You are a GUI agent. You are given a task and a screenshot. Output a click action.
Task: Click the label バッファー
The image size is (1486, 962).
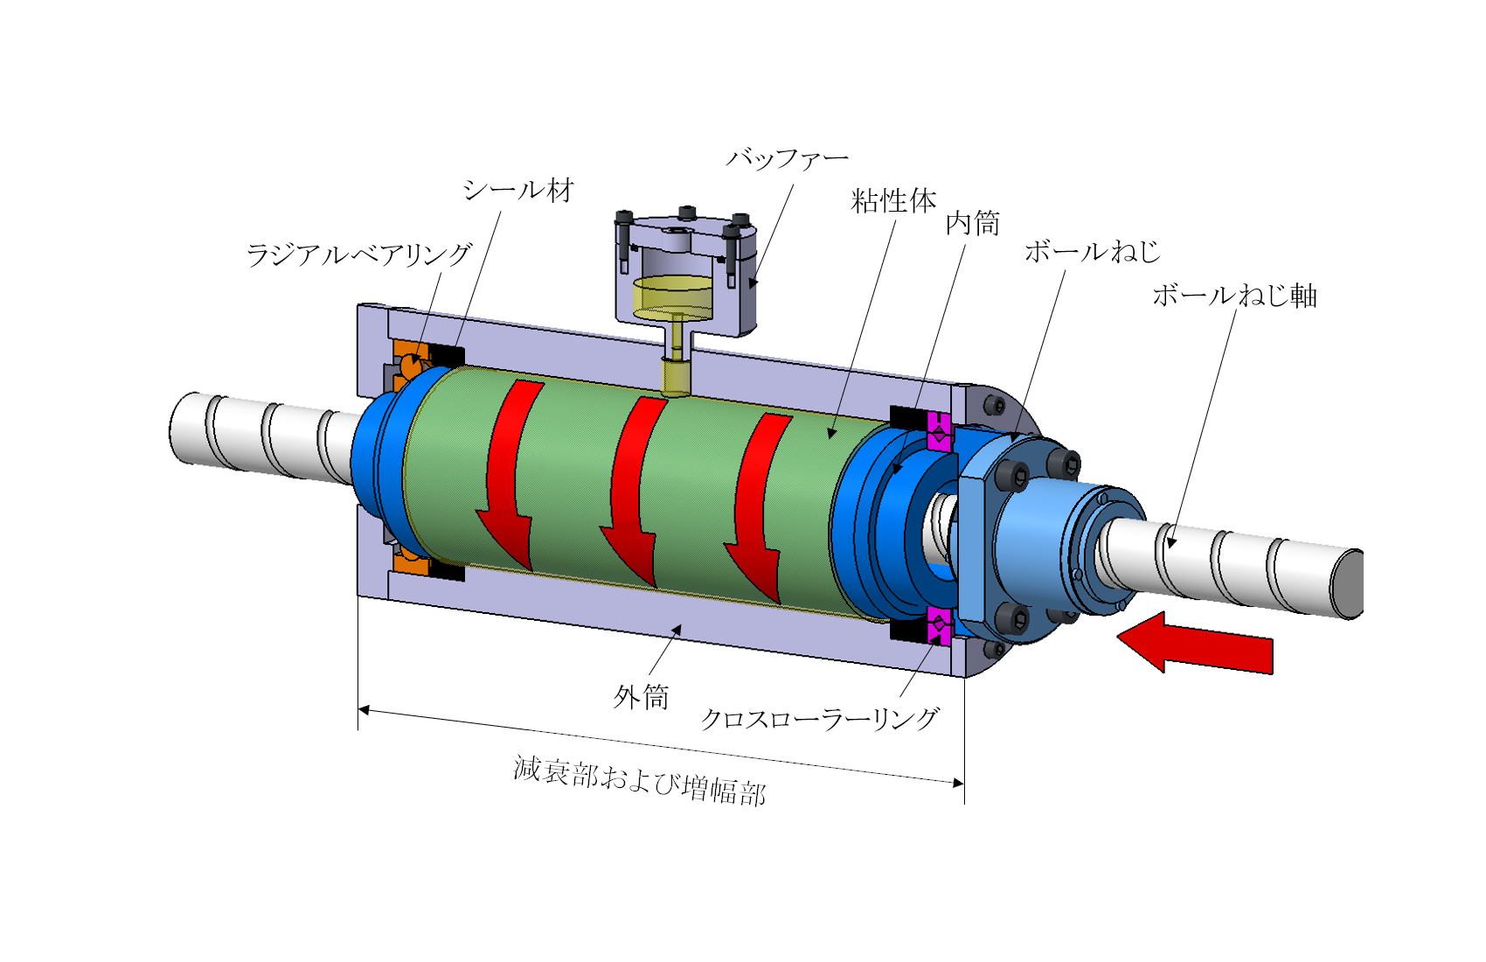787,158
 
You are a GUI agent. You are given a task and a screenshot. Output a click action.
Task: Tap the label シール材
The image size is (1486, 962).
518,191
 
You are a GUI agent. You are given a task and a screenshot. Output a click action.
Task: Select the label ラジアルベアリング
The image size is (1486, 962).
359,254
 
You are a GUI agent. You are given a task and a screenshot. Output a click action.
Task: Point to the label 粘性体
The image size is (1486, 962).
893,200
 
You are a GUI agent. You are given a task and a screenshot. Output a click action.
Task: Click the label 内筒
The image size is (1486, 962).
973,224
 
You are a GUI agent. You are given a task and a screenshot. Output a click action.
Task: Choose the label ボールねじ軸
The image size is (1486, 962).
1234,296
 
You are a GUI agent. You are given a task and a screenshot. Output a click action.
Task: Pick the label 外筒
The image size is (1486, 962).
640,697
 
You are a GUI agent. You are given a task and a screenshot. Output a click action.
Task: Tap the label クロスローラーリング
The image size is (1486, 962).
820,719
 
